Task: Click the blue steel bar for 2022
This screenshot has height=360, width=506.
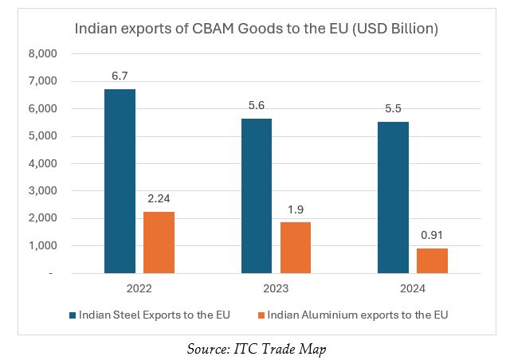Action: (x=120, y=182)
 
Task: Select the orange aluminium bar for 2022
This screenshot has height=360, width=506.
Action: (x=159, y=243)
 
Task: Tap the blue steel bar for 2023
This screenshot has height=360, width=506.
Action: (x=257, y=196)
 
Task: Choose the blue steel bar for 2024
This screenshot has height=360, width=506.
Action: (x=394, y=198)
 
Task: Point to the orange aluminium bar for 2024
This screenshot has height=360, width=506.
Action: (x=433, y=261)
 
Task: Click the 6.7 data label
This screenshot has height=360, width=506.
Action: (x=120, y=76)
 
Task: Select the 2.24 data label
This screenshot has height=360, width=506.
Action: (x=159, y=198)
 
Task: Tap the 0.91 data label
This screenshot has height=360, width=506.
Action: (x=433, y=235)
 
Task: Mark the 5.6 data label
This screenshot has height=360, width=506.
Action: (x=257, y=105)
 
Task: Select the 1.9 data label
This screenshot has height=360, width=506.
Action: (x=296, y=209)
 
